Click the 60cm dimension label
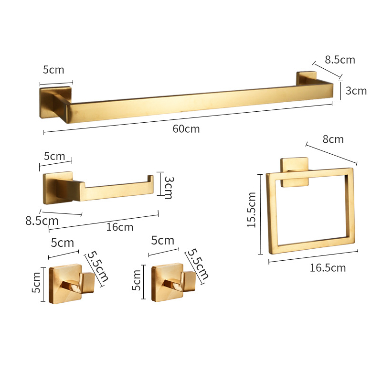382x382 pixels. [186, 128]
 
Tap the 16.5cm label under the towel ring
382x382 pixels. [328, 268]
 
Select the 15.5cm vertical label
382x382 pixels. [252, 210]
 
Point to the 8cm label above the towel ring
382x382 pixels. [333, 139]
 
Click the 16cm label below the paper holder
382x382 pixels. [120, 227]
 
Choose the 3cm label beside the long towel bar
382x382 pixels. [356, 91]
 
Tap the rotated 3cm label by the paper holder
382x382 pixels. [169, 188]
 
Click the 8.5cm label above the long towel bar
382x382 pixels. [340, 60]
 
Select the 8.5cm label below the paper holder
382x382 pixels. [42, 221]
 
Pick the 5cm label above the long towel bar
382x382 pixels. [53, 70]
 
